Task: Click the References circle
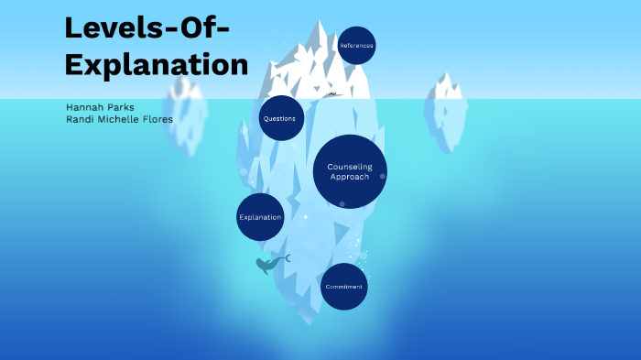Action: [x=356, y=45]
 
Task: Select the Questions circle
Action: [x=281, y=118]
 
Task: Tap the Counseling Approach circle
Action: [x=349, y=171]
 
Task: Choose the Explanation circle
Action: [x=260, y=217]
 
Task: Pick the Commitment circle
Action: [x=343, y=287]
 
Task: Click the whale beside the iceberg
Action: [x=270, y=265]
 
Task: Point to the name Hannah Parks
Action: [x=100, y=107]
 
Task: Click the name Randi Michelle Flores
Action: [x=119, y=119]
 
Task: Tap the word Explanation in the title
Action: [x=156, y=64]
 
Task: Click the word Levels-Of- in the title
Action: [x=147, y=28]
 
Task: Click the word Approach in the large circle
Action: [x=349, y=177]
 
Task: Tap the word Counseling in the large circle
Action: [x=349, y=167]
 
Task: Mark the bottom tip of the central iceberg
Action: [x=310, y=323]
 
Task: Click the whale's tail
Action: [x=287, y=258]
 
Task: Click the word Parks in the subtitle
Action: [x=120, y=107]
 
